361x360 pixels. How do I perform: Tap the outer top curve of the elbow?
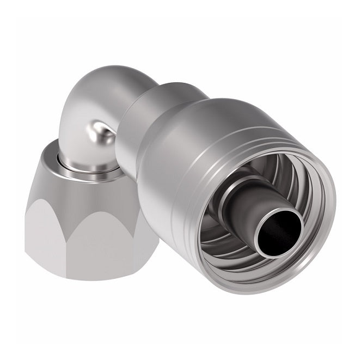tap(103, 82)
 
